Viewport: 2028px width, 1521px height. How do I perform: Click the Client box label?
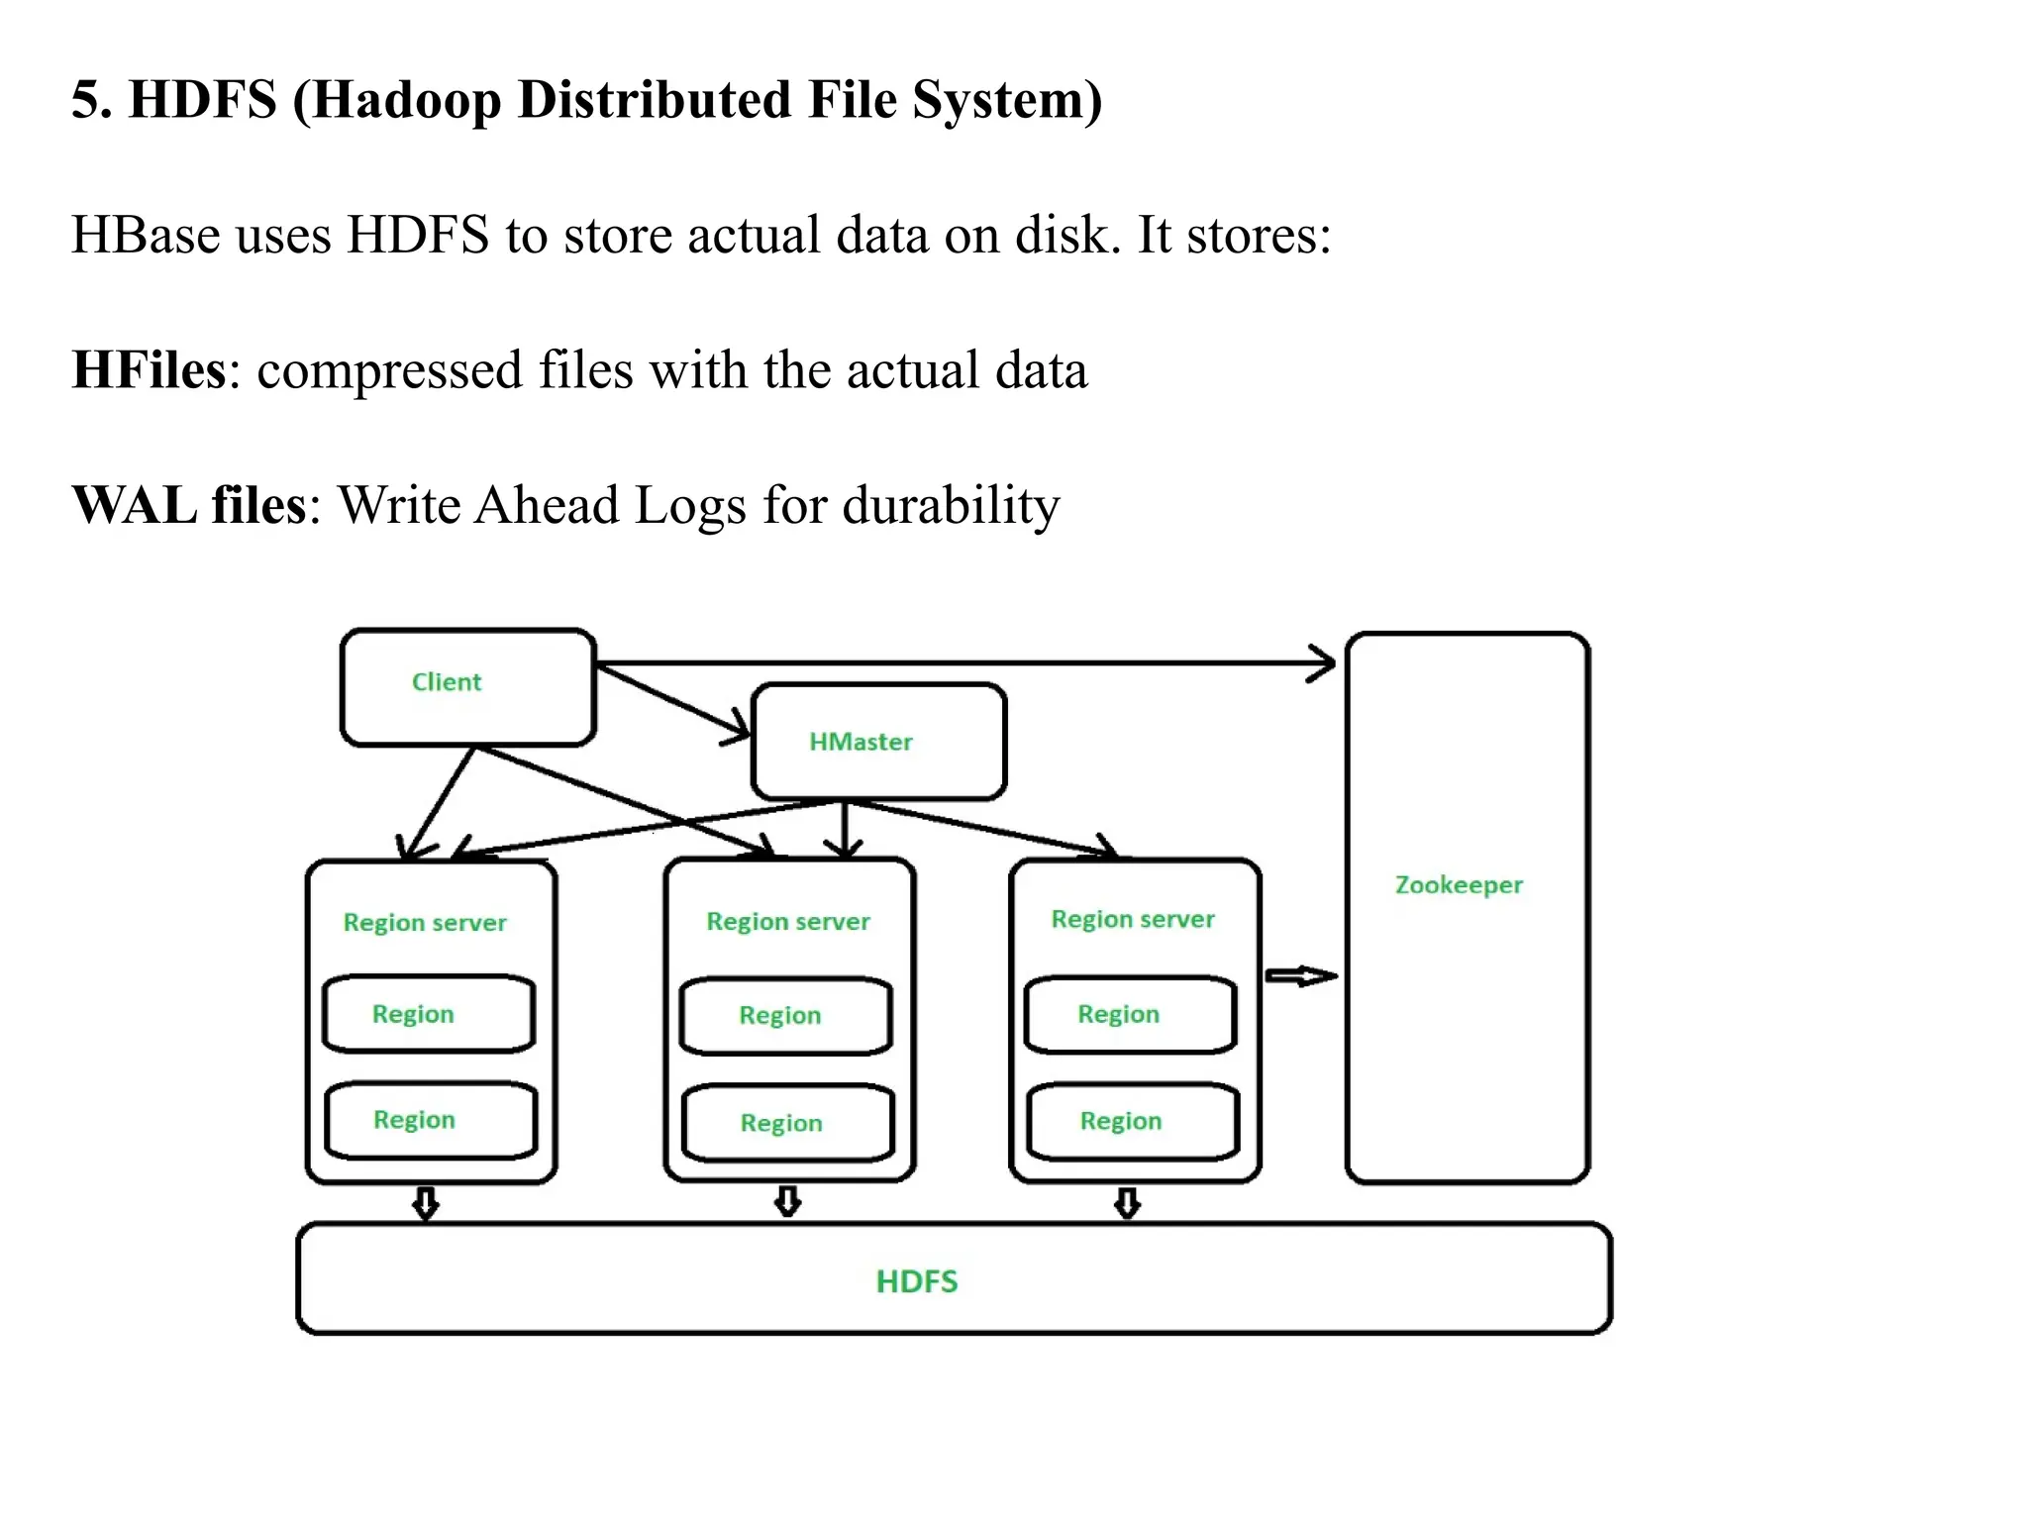click(x=446, y=682)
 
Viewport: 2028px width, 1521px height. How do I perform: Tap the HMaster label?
click(x=861, y=742)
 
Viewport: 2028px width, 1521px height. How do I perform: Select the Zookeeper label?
click(x=1459, y=884)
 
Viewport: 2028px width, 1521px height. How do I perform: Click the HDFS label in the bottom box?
click(x=917, y=1281)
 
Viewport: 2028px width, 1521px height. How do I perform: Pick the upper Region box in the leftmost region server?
click(x=429, y=1014)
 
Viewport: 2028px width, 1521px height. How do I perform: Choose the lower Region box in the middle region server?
click(x=788, y=1123)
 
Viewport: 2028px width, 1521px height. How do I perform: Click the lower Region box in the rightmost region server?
click(x=1133, y=1121)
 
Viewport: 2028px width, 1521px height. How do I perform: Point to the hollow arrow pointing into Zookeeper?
click(x=1301, y=976)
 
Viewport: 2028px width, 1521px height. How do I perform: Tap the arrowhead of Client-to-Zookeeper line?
click(x=1325, y=663)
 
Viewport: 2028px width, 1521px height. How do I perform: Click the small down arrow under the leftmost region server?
click(x=426, y=1204)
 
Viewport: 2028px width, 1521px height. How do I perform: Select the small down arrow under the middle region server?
click(x=787, y=1202)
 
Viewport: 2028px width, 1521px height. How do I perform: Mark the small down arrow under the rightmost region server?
click(x=1127, y=1204)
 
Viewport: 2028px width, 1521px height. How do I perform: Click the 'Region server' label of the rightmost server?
click(x=1133, y=920)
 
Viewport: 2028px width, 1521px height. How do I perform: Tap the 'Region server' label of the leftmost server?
click(x=425, y=923)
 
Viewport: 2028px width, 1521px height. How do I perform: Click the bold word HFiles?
click(x=150, y=370)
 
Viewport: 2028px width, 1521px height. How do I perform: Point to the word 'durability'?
click(x=951, y=505)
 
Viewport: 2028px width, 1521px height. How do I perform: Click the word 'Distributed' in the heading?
click(x=655, y=100)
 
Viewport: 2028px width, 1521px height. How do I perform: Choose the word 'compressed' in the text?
click(x=389, y=370)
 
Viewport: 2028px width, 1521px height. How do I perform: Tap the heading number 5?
click(x=86, y=100)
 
